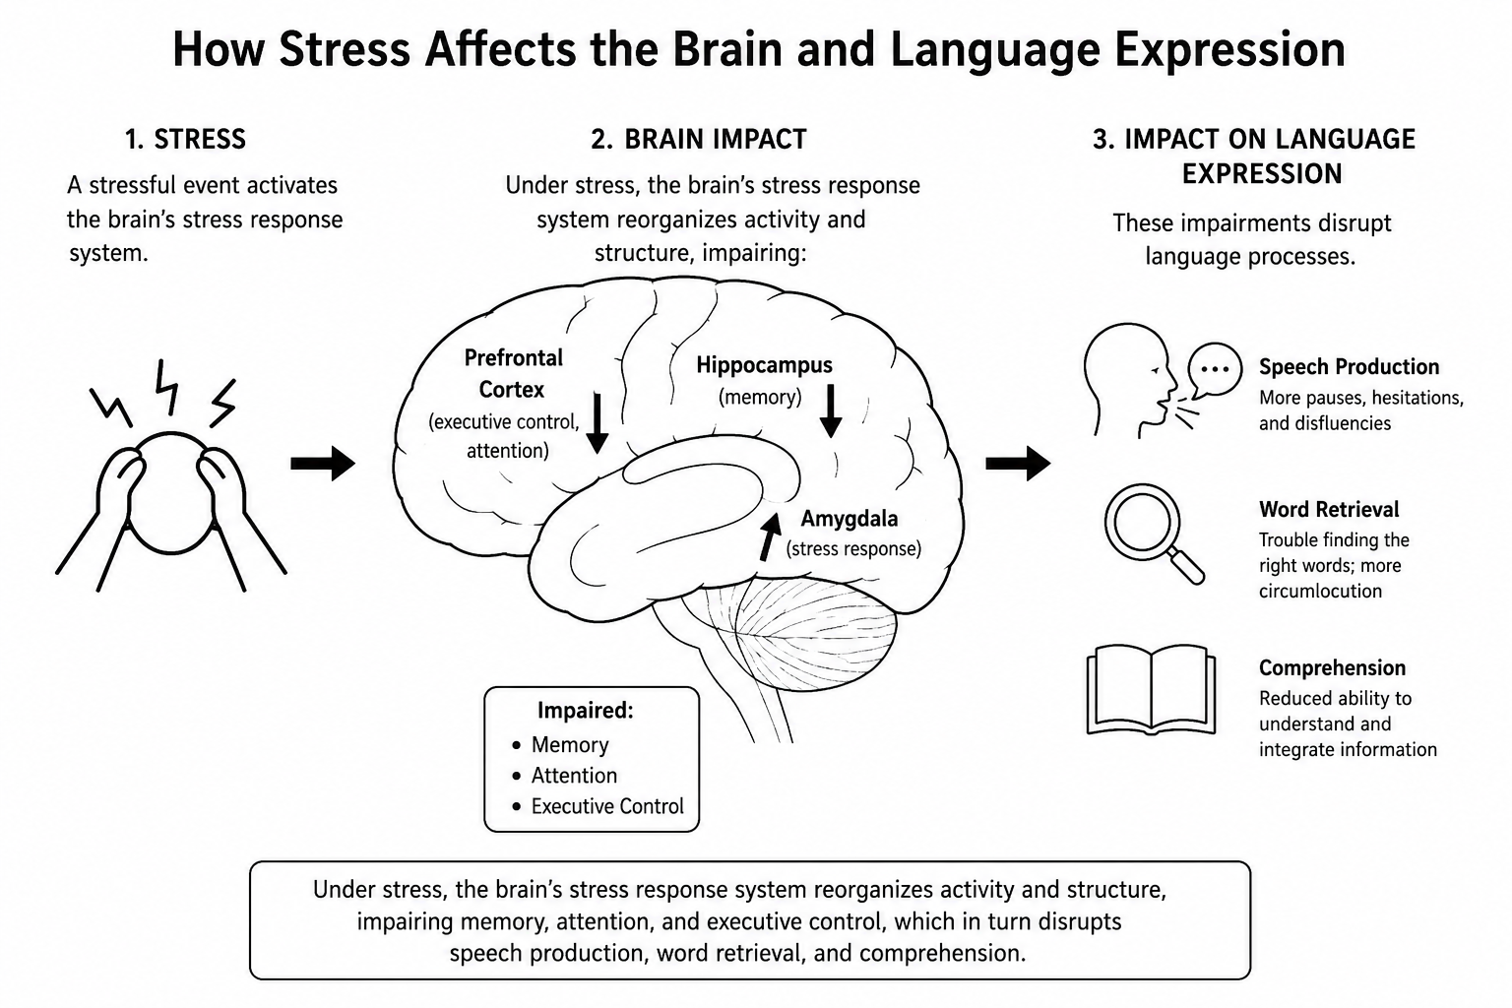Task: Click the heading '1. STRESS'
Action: tap(185, 139)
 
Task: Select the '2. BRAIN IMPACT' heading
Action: tap(699, 139)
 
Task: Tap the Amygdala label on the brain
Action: tap(850, 519)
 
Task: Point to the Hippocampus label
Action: tap(764, 364)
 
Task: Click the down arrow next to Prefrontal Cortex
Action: tap(597, 422)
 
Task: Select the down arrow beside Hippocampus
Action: tap(830, 410)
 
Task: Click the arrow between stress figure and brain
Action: tap(323, 464)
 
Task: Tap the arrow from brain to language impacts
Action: tap(1018, 464)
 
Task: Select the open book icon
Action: tap(1151, 689)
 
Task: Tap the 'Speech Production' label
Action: tap(1349, 366)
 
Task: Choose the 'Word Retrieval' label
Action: tap(1328, 509)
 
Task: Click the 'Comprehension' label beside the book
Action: tap(1332, 667)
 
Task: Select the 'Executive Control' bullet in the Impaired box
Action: tap(598, 806)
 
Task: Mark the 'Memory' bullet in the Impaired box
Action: tap(561, 745)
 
